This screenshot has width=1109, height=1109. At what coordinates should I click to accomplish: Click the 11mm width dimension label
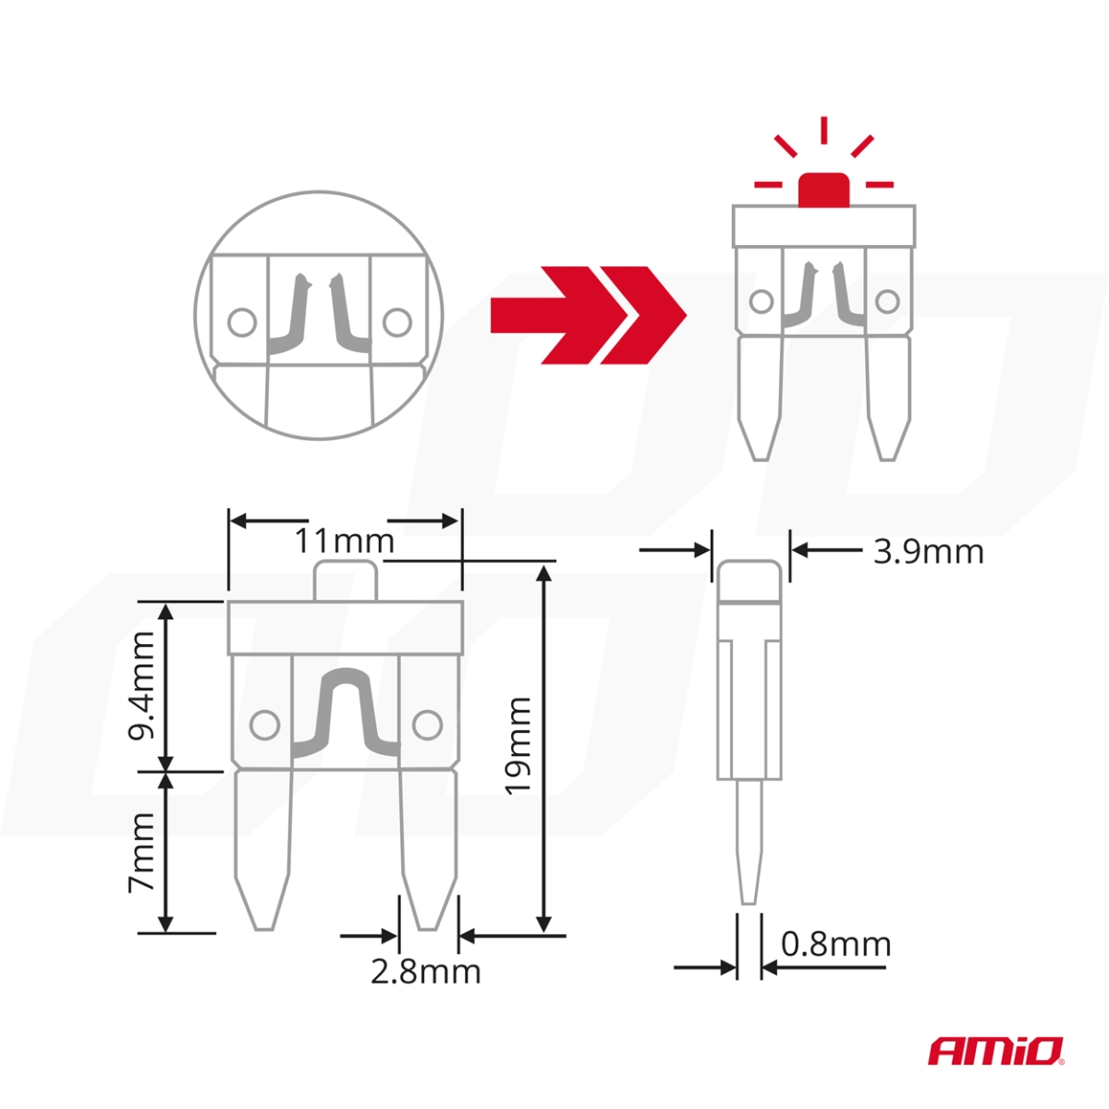point(344,541)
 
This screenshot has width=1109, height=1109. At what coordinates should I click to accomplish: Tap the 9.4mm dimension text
point(141,685)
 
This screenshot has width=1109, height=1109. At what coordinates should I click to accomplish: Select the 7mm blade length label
point(141,852)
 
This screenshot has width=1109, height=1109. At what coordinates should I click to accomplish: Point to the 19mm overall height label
point(518,745)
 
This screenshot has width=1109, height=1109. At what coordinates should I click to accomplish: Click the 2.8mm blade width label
point(426,971)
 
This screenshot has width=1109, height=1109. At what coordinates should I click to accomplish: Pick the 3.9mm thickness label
point(928,552)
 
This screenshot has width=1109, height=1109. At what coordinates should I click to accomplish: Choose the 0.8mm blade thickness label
point(835,944)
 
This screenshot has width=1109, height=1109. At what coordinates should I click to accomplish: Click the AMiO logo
point(995,1050)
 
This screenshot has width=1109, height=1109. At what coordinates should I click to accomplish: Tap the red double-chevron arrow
point(588,315)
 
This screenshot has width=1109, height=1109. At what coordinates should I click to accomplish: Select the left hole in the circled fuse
point(242,323)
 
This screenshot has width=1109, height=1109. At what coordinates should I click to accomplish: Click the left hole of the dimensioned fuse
point(265,724)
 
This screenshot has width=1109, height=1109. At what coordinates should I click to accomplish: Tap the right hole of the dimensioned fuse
point(426,725)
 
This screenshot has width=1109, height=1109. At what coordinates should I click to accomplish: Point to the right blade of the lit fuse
point(887,397)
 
